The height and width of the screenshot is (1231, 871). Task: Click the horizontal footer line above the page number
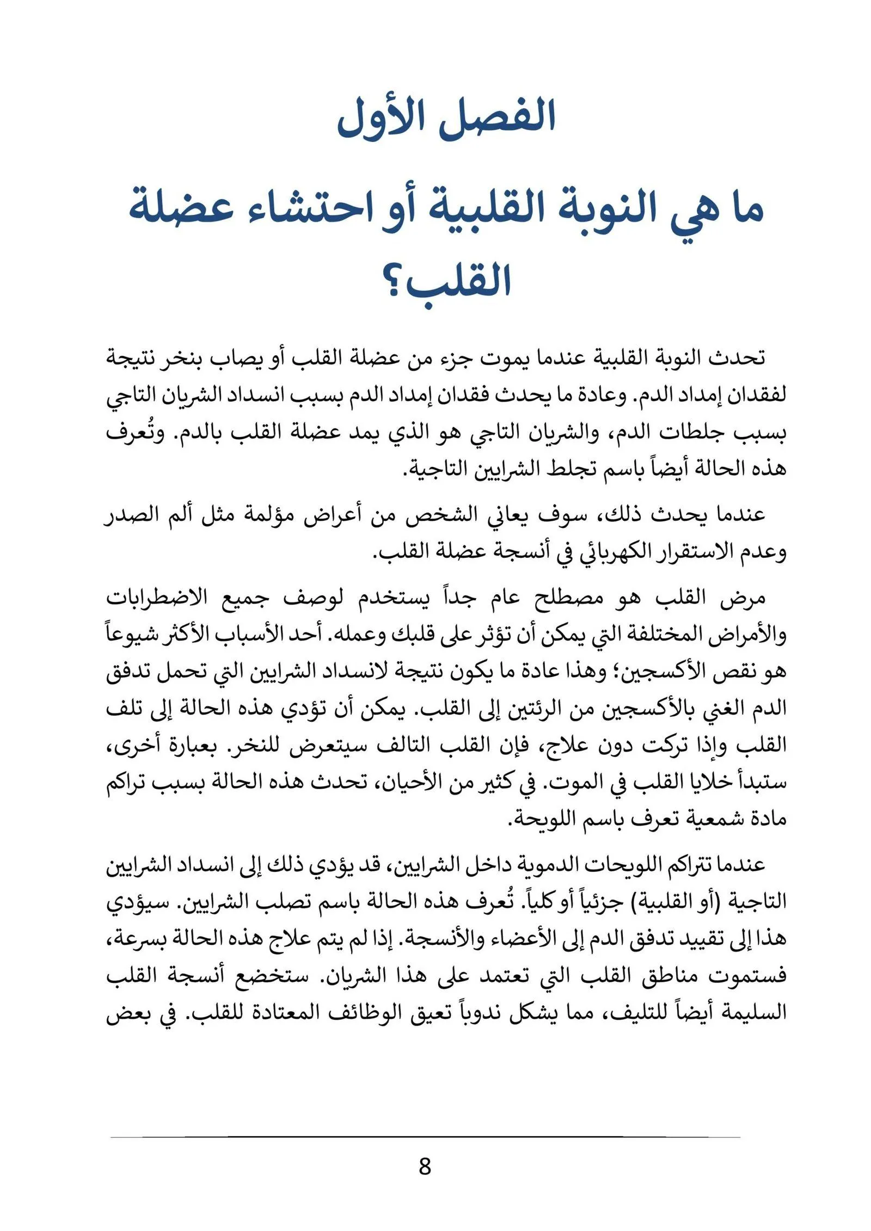[x=425, y=1137]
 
